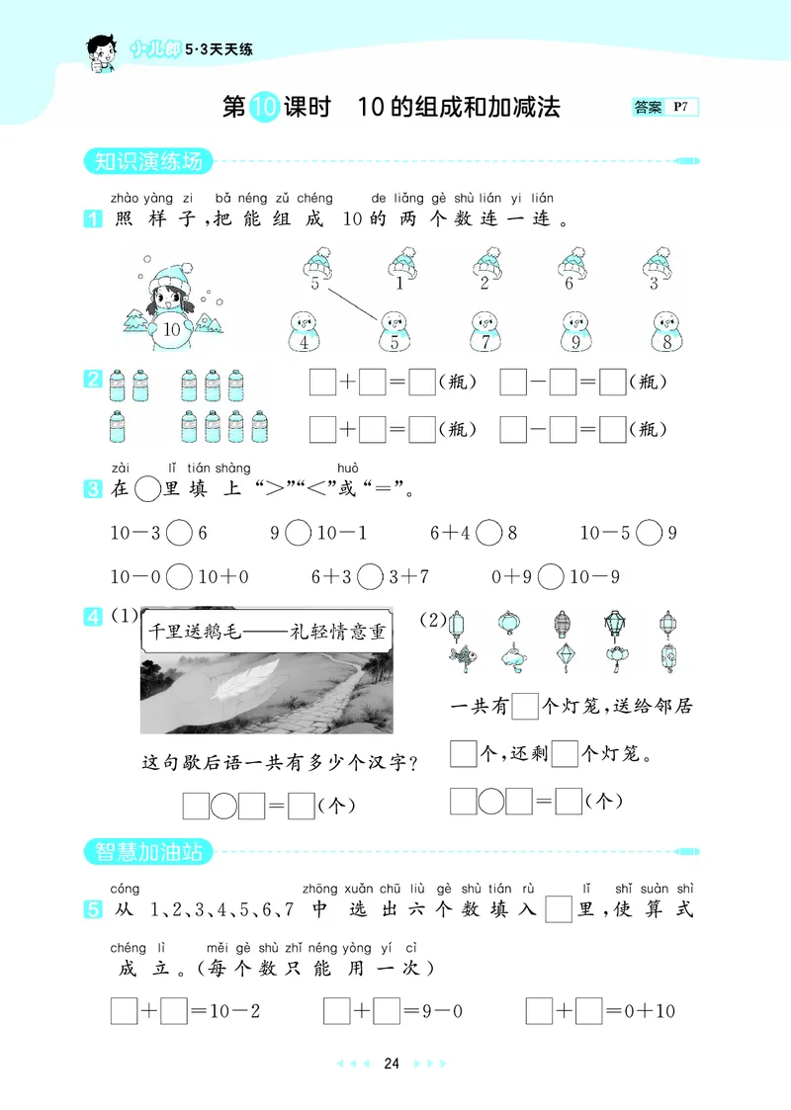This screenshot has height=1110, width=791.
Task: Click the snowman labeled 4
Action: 304,332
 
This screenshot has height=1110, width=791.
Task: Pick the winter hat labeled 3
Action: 658,270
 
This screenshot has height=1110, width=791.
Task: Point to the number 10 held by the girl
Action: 172,330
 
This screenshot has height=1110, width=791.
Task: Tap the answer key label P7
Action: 681,107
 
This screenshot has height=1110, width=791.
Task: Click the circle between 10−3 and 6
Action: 179,533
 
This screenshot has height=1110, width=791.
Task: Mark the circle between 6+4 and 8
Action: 488,533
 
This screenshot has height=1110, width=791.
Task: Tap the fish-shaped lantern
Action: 461,657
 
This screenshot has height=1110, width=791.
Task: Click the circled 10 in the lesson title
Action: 263,107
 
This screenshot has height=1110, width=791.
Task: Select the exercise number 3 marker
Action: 93,488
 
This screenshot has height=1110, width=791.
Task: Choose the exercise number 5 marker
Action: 93,909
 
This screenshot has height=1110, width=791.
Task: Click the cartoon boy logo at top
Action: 100,50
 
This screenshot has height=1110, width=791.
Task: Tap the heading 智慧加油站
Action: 144,850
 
